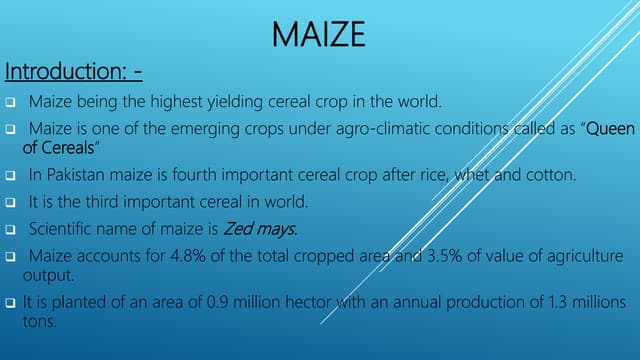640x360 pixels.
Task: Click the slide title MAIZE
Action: (x=319, y=36)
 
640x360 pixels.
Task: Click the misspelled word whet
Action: (x=470, y=175)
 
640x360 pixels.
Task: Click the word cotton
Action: (x=549, y=175)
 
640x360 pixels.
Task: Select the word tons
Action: (x=40, y=322)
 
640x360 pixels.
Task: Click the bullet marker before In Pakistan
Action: (x=9, y=176)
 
